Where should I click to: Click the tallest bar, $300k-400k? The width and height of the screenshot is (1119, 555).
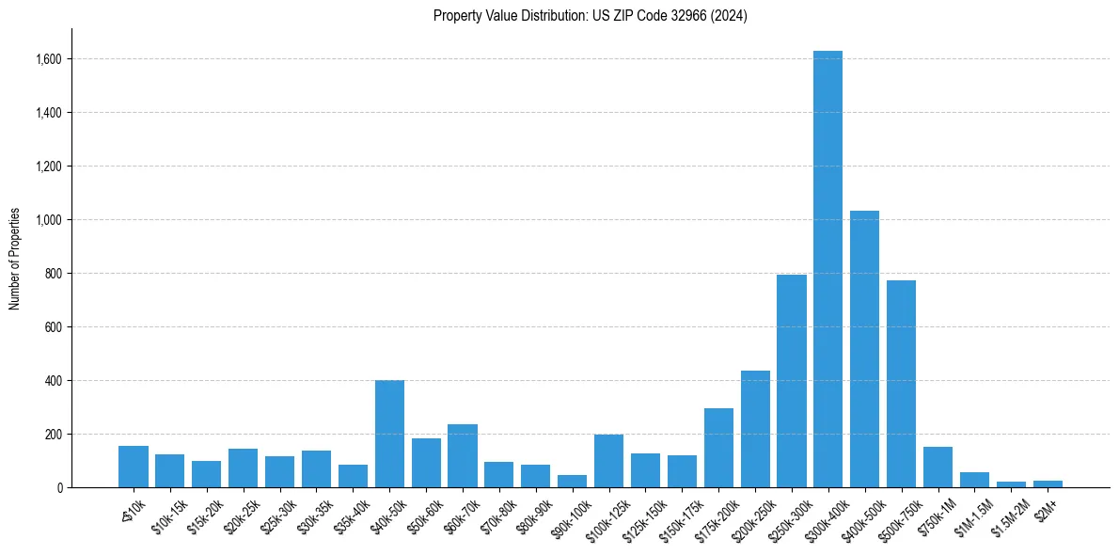click(x=827, y=273)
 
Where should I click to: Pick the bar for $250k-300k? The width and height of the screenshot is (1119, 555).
click(x=792, y=382)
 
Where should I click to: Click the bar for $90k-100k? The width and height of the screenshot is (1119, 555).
click(x=572, y=482)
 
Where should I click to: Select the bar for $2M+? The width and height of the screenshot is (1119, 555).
click(x=1048, y=484)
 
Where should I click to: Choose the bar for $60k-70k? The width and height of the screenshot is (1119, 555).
click(x=463, y=456)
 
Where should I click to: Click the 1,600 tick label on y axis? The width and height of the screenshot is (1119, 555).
click(x=49, y=59)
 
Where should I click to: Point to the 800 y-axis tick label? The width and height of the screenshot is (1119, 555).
click(x=54, y=274)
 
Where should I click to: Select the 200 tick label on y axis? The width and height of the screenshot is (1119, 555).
click(x=54, y=435)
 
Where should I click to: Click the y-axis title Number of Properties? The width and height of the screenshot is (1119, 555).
click(x=15, y=259)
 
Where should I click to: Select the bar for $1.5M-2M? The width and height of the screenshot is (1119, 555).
click(x=1011, y=484)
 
